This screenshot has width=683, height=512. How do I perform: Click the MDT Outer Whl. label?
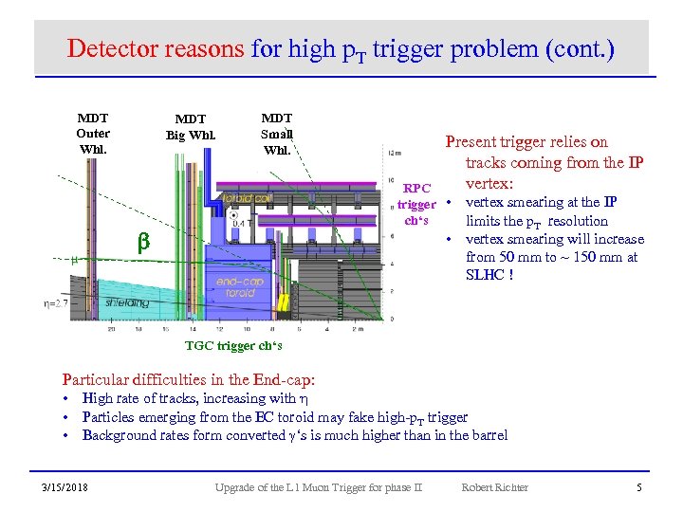pos(93,134)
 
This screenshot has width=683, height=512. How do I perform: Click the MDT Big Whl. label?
pos(191,126)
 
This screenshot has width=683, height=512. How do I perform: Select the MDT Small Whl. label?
pos(277,134)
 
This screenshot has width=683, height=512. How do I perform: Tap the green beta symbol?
pos(144,243)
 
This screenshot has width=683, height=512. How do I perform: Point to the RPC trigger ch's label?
pos(416,204)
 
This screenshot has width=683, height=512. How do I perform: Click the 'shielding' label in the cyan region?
pos(127,302)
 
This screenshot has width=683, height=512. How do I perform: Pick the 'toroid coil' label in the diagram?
pos(249,198)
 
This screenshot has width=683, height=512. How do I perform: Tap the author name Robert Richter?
pos(494,487)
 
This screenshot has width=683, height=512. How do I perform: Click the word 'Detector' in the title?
pos(110,47)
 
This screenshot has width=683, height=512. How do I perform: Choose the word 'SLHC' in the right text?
pos(486,275)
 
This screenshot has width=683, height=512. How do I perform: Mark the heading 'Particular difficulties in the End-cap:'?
pos(189,378)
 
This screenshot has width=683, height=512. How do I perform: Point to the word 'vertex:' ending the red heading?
pos(489,182)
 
